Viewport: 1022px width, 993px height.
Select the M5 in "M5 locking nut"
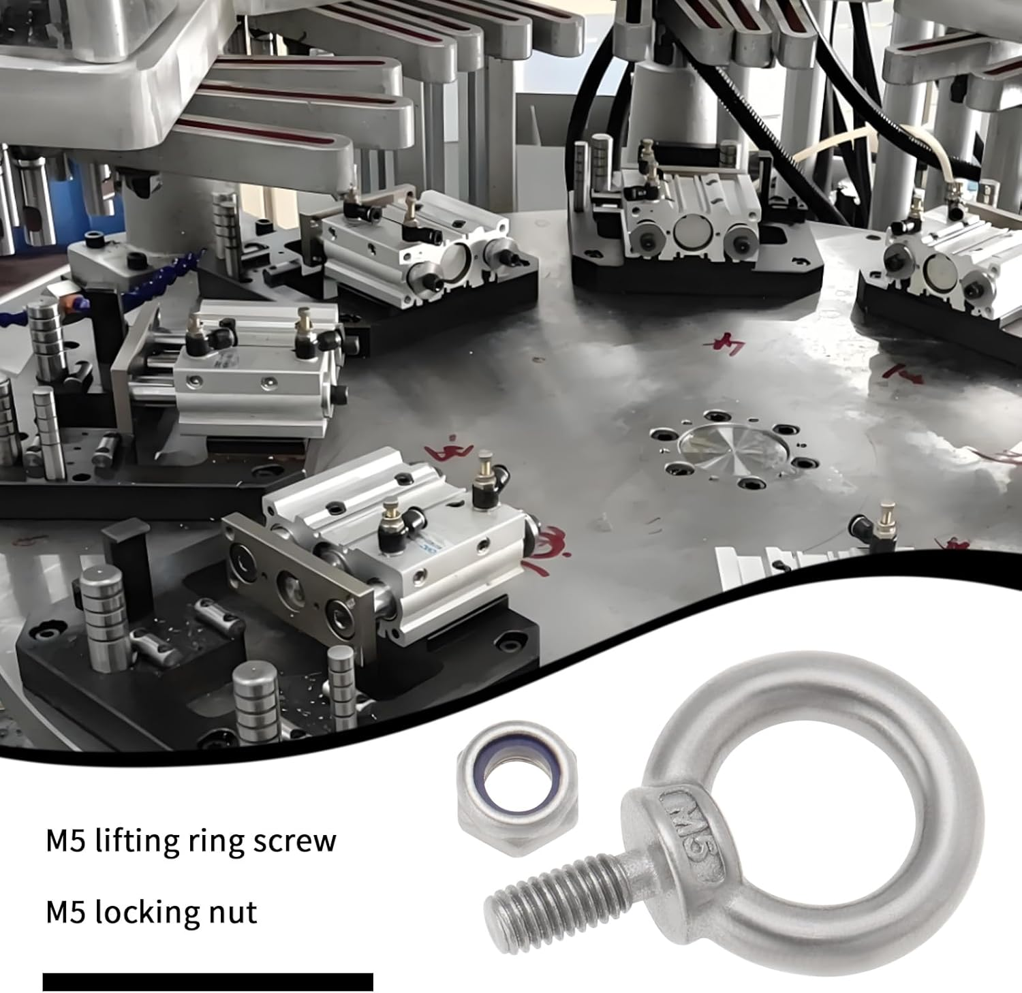pos(65,913)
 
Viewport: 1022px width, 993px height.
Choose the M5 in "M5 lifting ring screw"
pos(65,841)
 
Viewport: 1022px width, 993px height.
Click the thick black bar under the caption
pos(208,981)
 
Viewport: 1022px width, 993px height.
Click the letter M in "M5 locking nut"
pos(59,913)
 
